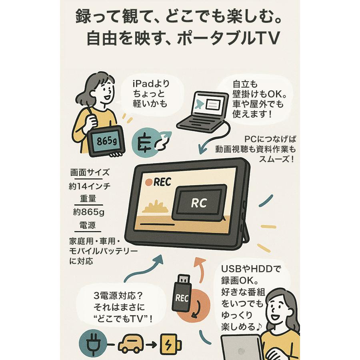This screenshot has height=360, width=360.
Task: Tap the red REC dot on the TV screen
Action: [149, 182]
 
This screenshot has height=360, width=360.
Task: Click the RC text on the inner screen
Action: [198, 203]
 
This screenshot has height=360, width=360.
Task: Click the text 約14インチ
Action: [90, 186]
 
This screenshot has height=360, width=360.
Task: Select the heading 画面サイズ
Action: [90, 173]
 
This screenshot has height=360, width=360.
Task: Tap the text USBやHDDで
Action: [251, 269]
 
